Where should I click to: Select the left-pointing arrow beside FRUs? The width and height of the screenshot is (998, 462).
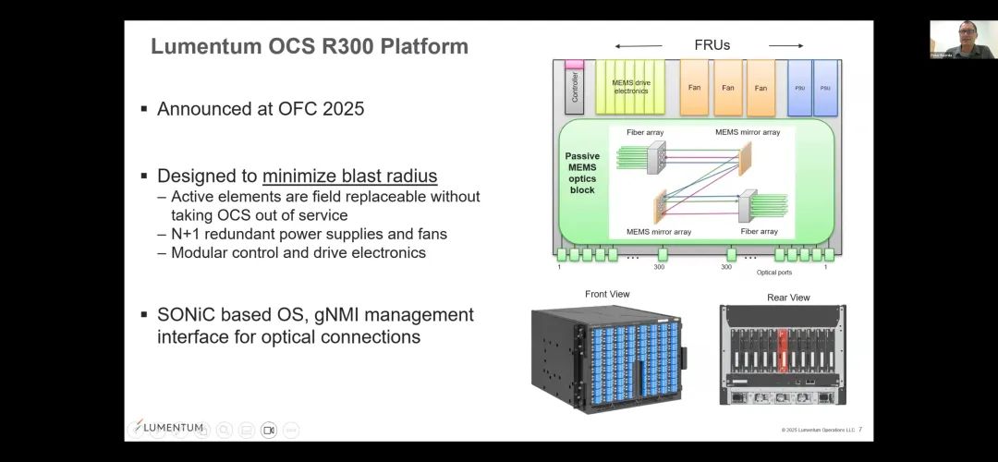click(639, 45)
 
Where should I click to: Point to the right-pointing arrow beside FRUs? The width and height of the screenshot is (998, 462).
click(785, 45)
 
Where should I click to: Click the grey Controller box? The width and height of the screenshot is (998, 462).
click(575, 87)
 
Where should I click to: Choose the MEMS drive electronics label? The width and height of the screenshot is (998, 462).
click(631, 87)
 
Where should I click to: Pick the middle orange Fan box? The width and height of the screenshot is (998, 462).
click(728, 88)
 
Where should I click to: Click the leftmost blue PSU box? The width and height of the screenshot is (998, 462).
click(799, 88)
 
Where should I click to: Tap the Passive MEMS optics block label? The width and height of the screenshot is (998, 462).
click(582, 173)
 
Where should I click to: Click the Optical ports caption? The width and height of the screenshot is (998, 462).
click(773, 273)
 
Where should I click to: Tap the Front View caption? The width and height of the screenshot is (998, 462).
click(607, 294)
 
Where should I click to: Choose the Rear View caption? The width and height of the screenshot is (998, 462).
click(788, 298)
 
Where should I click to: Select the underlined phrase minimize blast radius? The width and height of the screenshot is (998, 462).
click(349, 176)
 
